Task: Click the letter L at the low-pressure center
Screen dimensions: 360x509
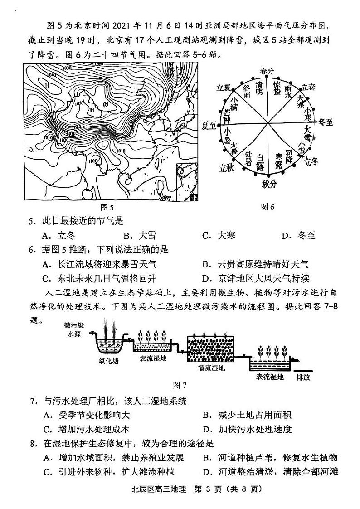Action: (104, 145)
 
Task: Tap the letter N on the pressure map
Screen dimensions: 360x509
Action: (106, 105)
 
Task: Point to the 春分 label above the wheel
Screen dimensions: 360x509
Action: (268, 71)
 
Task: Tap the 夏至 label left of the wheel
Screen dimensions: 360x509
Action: (209, 125)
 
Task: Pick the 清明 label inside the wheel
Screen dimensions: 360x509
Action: (259, 88)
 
